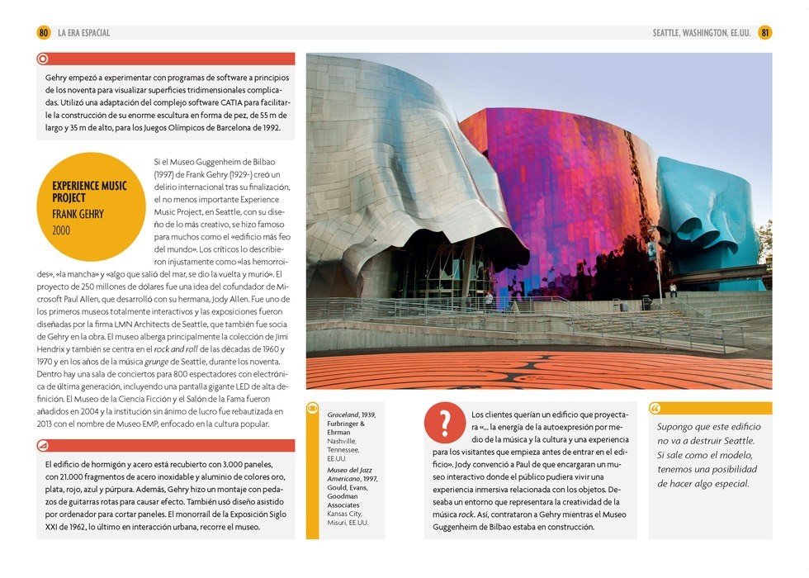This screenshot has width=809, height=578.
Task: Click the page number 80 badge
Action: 44,33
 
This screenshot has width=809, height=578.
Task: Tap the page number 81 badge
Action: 765,33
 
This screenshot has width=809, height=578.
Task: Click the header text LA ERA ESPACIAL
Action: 83,33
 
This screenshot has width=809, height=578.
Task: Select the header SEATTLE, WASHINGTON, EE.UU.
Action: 702,33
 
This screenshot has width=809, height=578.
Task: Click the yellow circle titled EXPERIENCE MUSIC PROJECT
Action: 91,206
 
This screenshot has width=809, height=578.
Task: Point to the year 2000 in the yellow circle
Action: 62,230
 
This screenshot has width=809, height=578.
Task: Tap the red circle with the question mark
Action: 445,423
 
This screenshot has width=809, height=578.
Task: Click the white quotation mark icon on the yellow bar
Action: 655,409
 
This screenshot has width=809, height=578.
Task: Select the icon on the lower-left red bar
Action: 44,446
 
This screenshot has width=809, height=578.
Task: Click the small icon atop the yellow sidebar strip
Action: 312,408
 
